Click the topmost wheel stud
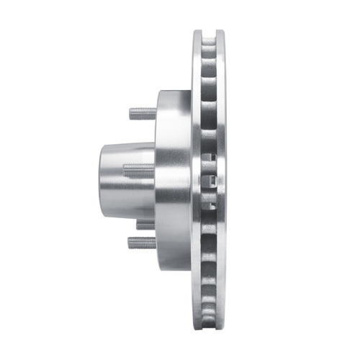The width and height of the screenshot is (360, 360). coord(143,113)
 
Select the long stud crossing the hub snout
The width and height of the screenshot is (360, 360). coord(139,171)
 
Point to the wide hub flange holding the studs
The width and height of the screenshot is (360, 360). coord(173,180)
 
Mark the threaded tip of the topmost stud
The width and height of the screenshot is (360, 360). coord(132,113)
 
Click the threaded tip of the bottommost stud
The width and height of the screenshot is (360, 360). coord(132,243)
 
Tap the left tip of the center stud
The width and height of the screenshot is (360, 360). coord(125,171)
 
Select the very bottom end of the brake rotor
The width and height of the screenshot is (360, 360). coord(209,330)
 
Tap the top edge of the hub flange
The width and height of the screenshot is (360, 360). coord(173,91)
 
